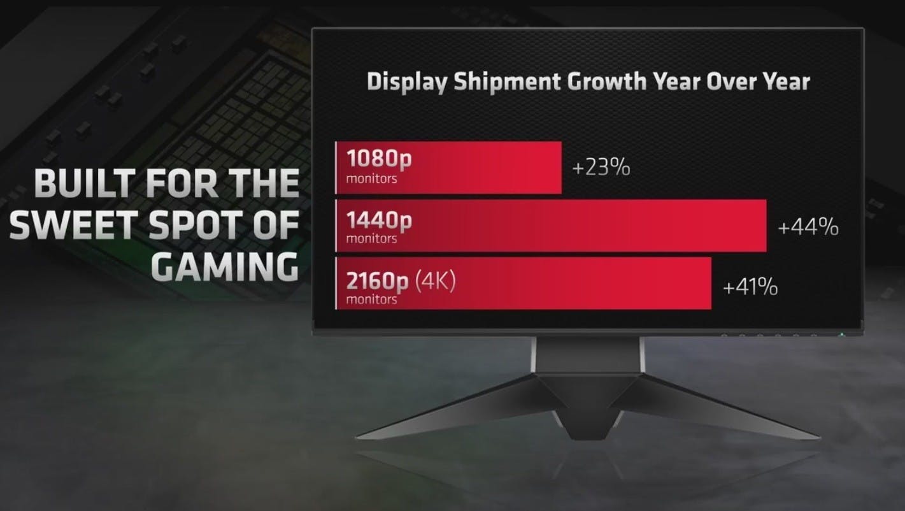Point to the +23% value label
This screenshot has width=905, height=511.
click(601, 168)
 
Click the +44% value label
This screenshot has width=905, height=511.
click(808, 227)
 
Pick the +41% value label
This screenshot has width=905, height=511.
click(750, 287)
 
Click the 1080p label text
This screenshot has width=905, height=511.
click(379, 159)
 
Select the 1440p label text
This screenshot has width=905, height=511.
click(379, 220)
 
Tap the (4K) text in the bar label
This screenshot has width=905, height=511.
click(436, 281)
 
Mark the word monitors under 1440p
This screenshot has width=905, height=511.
click(371, 238)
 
